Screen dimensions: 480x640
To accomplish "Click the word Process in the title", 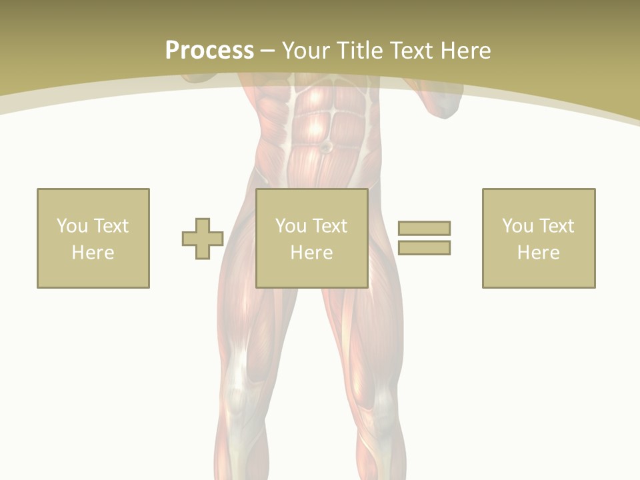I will click(x=209, y=51).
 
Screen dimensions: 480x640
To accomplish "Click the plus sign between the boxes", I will click(x=203, y=239).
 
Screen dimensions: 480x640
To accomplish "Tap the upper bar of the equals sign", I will click(x=424, y=228).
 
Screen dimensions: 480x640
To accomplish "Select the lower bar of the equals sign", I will click(x=424, y=247).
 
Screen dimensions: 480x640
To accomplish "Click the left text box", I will click(x=93, y=238).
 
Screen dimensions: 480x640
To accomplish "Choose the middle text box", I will click(x=311, y=238).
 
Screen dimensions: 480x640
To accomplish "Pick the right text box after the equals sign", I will click(x=538, y=238).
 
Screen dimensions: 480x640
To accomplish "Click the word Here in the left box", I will click(x=93, y=253).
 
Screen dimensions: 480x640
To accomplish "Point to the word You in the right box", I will click(x=517, y=226).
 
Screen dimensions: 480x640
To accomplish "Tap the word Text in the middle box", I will click(x=330, y=226).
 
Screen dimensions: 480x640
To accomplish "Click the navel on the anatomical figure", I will click(x=326, y=146).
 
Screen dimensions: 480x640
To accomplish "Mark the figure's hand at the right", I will click(x=441, y=103).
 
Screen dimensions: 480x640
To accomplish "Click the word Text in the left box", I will click(x=111, y=226).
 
